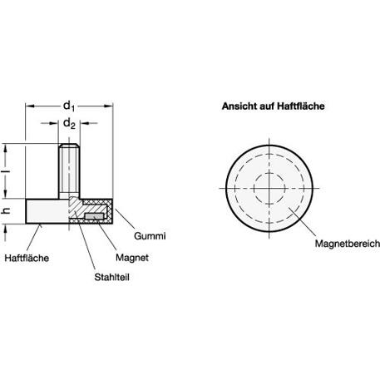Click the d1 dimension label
(69, 106)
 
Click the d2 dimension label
(69, 124)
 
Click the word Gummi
(150, 236)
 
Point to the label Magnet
(132, 258)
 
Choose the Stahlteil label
(111, 277)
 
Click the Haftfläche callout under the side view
(27, 258)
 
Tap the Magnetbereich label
(348, 244)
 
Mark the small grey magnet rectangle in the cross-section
(94, 216)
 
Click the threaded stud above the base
(69, 171)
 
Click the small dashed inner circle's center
(269, 188)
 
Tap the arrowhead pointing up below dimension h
(6, 228)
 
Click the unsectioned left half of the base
(47, 211)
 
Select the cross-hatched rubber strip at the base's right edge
(110, 211)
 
